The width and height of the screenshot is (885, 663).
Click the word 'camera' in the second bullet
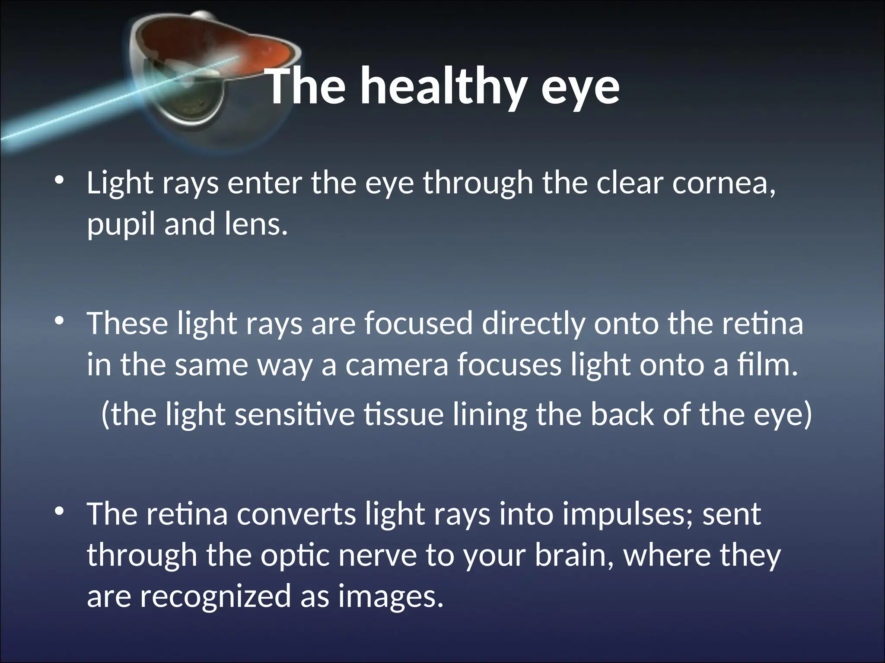(397, 365)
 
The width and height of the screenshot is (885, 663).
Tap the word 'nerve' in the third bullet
(378, 556)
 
